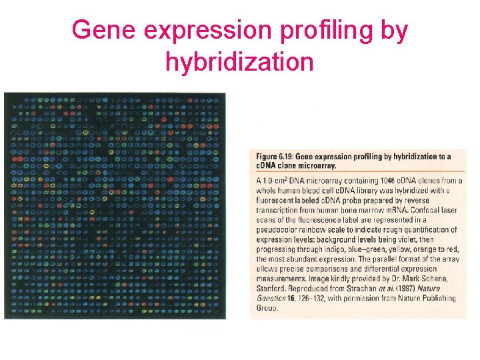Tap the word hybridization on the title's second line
click(x=239, y=62)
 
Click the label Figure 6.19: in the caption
click(x=275, y=157)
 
